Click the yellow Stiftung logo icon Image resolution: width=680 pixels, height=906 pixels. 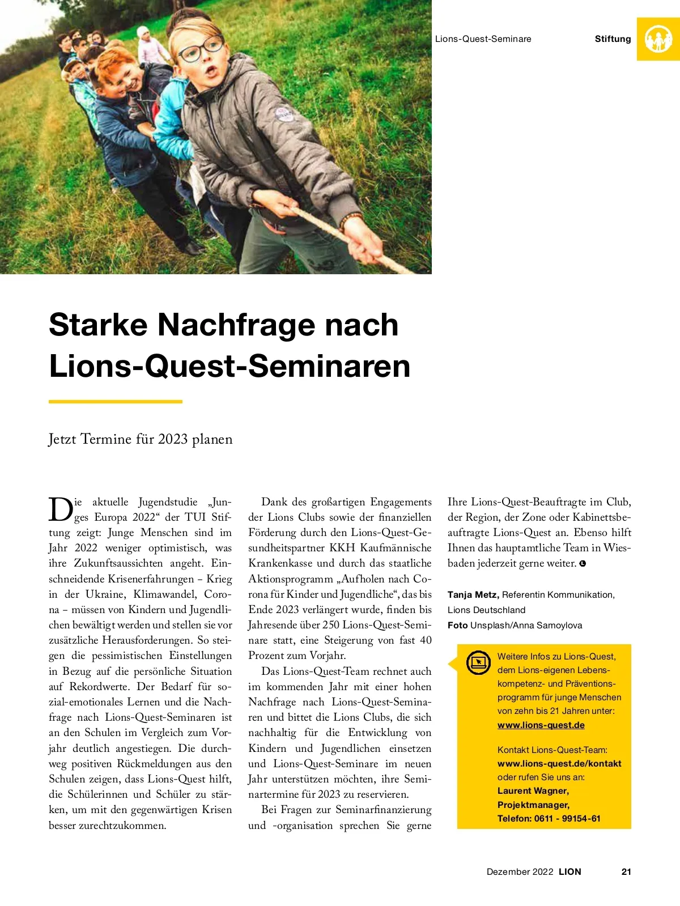[658, 39]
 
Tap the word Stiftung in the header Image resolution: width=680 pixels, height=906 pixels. [613, 39]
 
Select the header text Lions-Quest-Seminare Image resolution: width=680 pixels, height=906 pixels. [483, 39]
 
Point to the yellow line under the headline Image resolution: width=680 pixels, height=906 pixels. [116, 402]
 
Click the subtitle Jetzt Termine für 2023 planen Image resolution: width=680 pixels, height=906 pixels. [141, 439]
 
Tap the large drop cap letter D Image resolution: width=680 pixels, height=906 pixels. [60, 509]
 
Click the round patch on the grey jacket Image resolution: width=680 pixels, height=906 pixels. [284, 113]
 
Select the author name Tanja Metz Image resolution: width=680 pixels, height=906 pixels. [473, 594]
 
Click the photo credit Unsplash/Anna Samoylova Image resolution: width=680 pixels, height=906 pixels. [526, 625]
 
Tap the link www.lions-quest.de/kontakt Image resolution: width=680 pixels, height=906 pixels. [559, 763]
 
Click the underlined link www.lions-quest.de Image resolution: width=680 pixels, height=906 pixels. [541, 725]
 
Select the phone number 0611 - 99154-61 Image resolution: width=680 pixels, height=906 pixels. [567, 818]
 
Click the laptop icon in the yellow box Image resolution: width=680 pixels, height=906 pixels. [478, 662]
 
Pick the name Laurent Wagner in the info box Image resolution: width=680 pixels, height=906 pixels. [533, 790]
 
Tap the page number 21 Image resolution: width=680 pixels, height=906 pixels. [626, 871]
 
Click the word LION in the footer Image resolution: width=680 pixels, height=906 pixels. [569, 871]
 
